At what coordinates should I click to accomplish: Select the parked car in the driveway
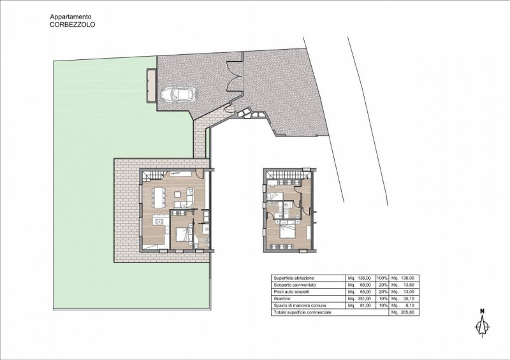coord(180,94)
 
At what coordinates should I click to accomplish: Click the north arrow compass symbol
coord(483,322)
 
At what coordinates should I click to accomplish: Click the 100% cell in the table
coord(381,278)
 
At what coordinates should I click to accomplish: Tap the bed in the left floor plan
coord(183,234)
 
